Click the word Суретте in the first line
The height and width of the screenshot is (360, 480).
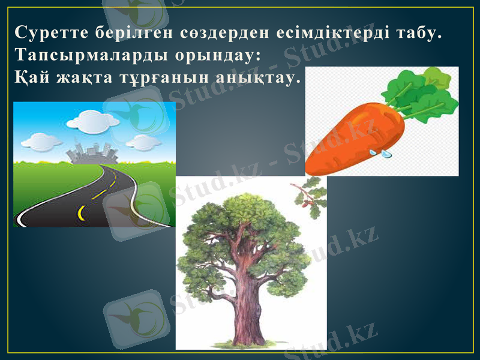(x=45, y=32)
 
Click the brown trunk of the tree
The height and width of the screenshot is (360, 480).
(x=247, y=306)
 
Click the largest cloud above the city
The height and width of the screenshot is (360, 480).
(x=90, y=122)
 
